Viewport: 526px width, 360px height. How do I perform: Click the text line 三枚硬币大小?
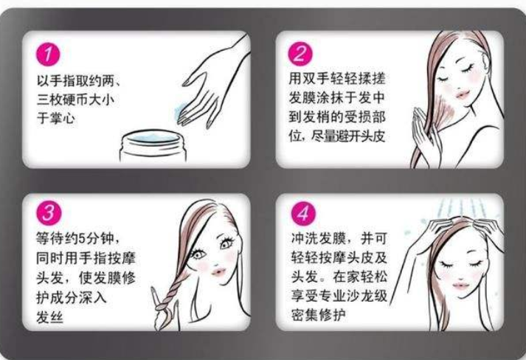point(77,99)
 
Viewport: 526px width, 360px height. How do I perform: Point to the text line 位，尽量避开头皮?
point(340,136)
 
